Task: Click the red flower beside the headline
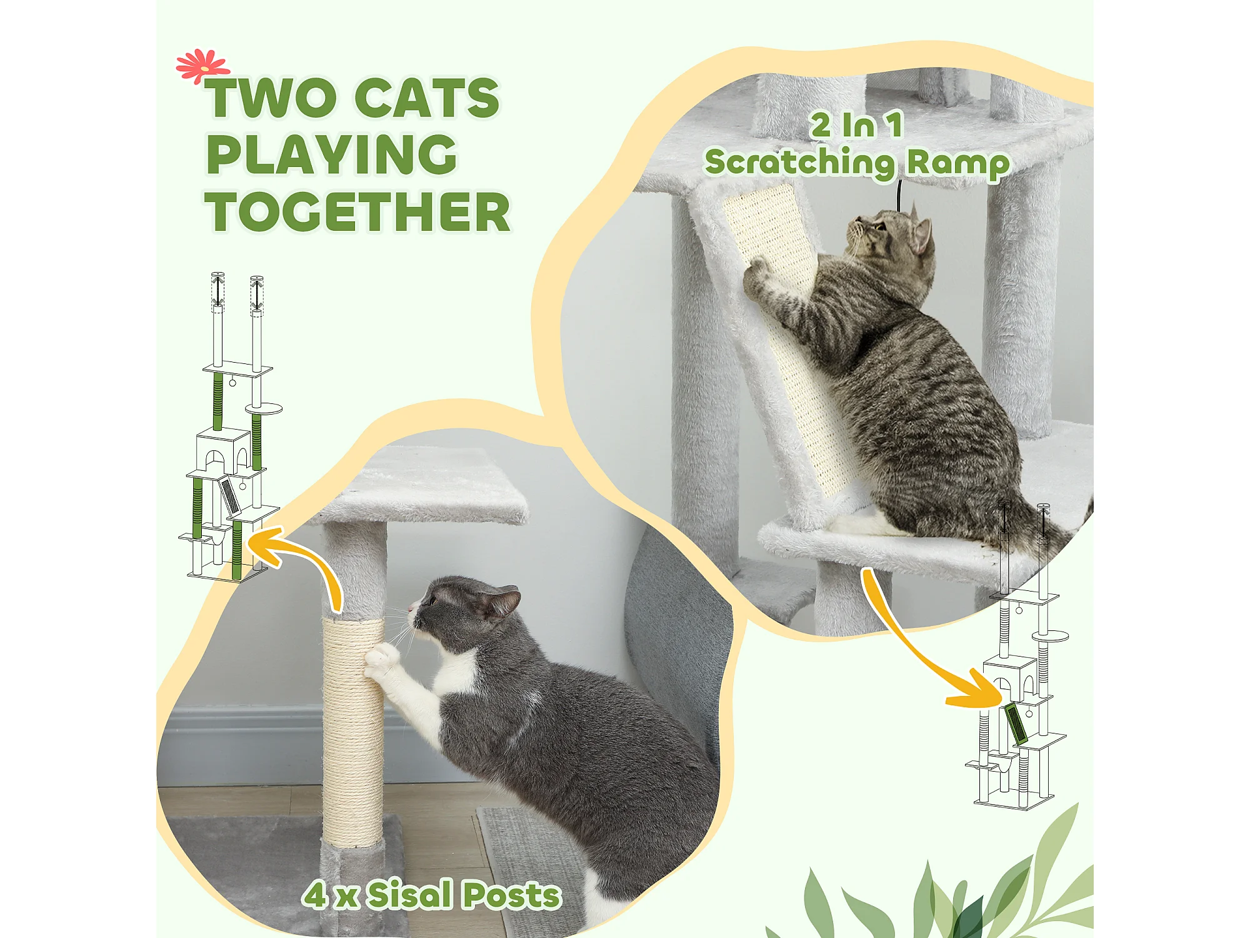[202, 65]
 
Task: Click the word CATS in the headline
[427, 98]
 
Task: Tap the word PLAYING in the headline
[332, 154]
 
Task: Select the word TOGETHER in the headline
[357, 211]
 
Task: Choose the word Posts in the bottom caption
[511, 895]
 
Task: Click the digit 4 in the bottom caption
[316, 894]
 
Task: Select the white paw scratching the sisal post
[383, 660]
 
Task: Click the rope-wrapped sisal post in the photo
[352, 732]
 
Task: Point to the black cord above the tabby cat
[899, 195]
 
